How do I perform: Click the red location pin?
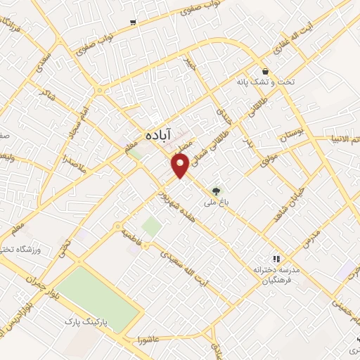click(x=180, y=165)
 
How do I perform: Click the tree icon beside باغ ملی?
click(x=216, y=189)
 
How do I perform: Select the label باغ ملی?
click(x=218, y=202)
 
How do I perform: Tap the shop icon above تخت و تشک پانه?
click(x=265, y=71)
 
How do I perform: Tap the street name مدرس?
click(x=309, y=238)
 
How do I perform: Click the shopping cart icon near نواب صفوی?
click(x=132, y=22)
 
